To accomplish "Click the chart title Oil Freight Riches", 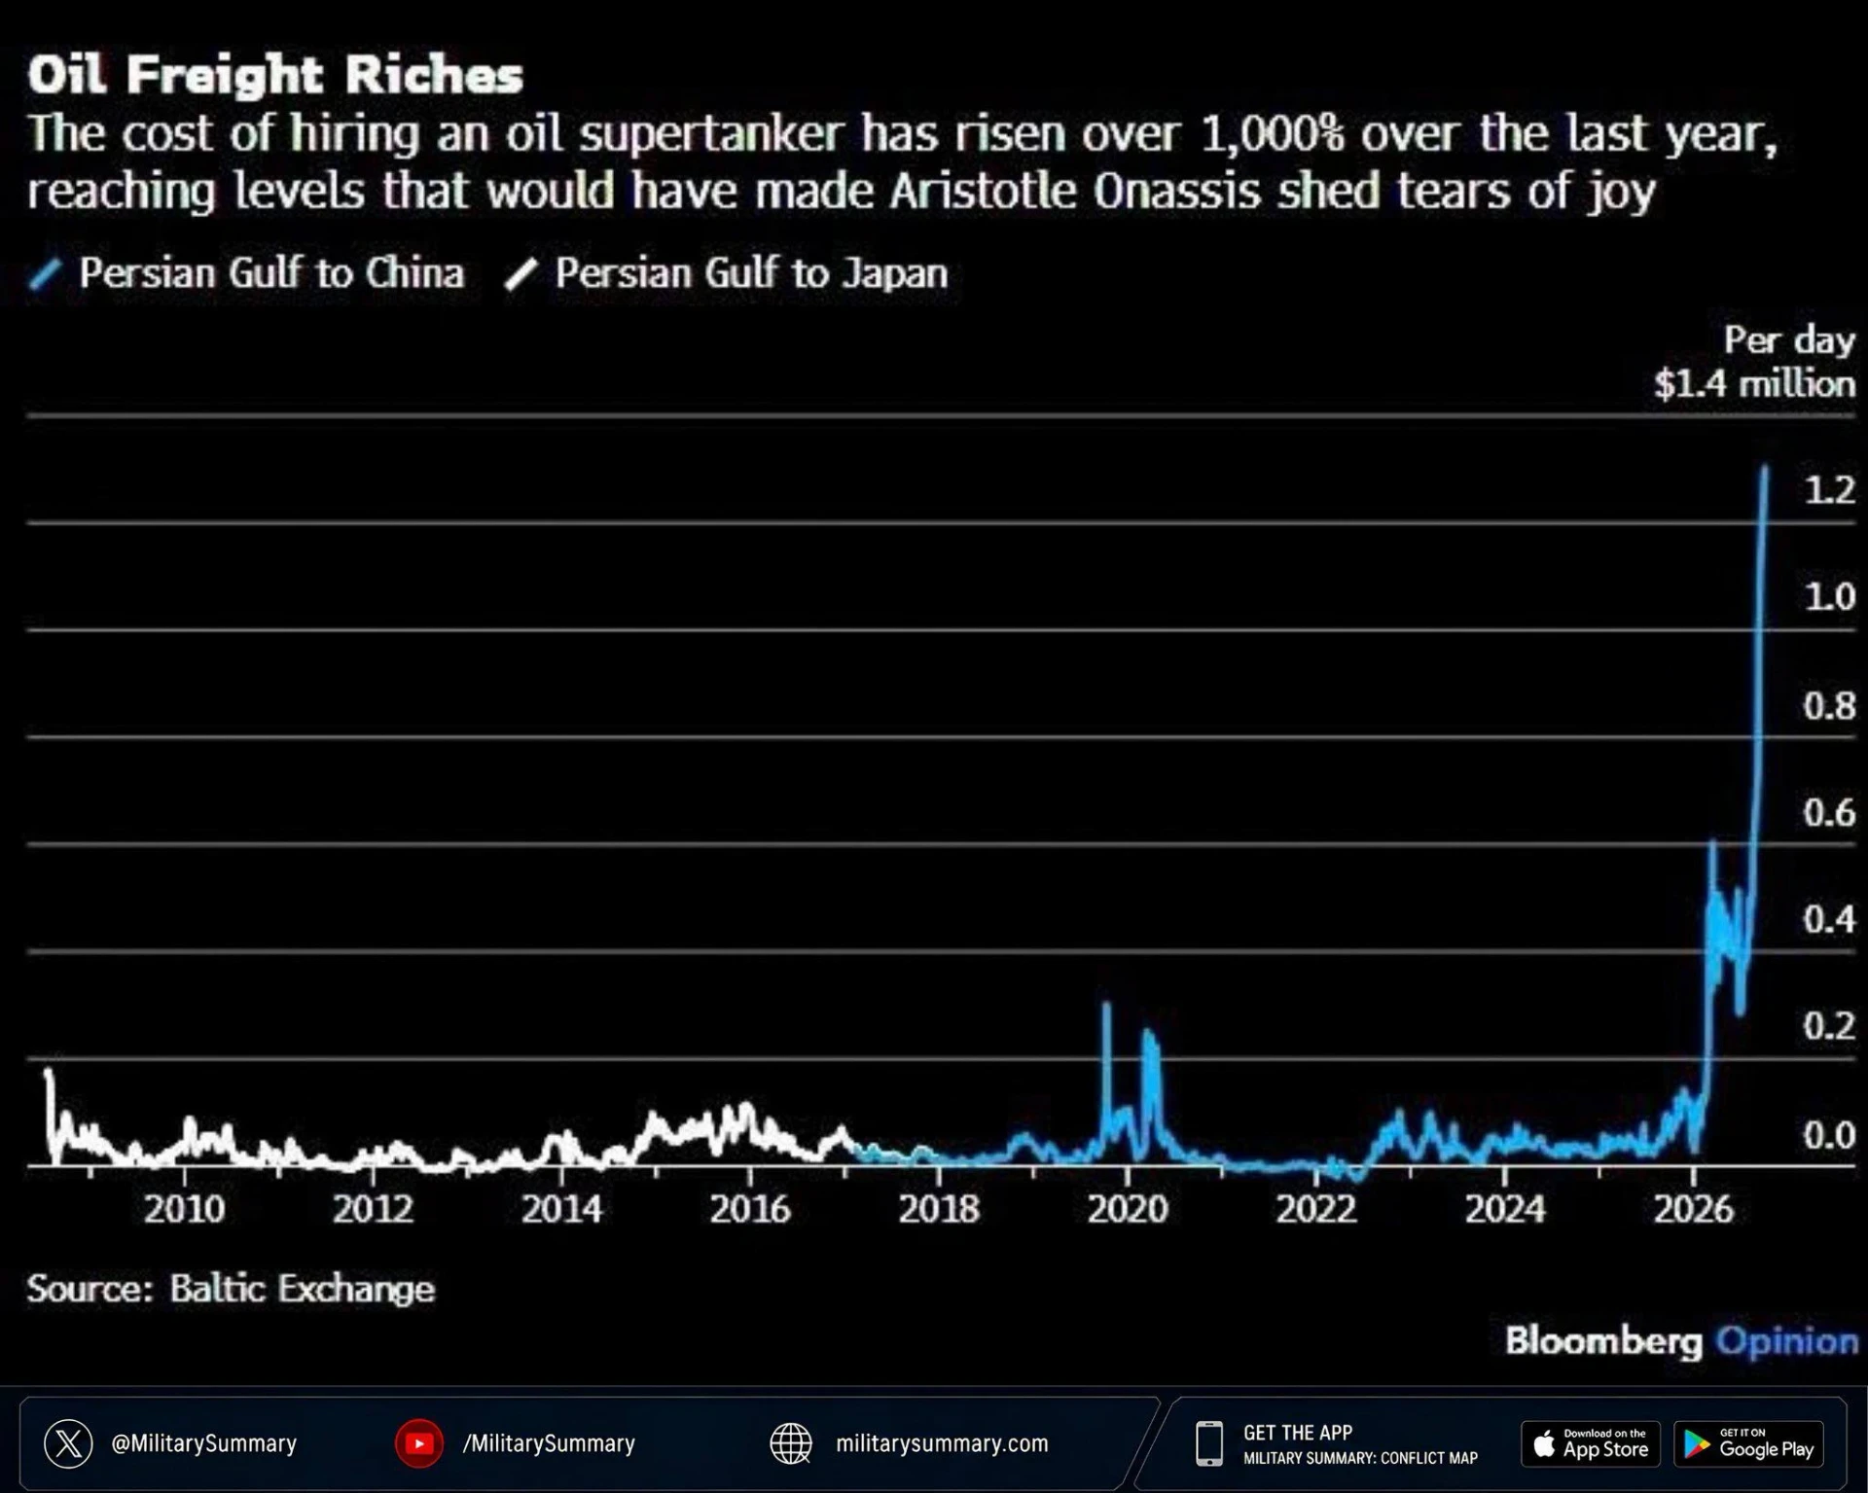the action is pos(275,75).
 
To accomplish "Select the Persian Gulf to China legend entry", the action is pos(247,273).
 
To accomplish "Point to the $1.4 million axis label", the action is pos(1754,384).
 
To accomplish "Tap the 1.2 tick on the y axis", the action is pos(1829,489).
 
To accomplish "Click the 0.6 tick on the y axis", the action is pos(1829,812).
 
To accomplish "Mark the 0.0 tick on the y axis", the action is pos(1829,1134).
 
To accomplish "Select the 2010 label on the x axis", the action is pos(184,1209).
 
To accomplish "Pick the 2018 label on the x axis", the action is pos(939,1209).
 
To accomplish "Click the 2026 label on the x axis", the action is pos(1694,1209).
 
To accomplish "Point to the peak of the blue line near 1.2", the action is pos(1765,468).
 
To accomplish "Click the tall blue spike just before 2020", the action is pos(1106,1005).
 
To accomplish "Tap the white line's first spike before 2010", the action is pos(49,1073).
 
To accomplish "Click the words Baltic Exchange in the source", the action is pos(303,1289).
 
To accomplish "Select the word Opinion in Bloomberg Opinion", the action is pos(1787,1342).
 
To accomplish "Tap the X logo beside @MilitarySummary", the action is pos(68,1443).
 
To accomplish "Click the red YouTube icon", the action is pos(419,1443).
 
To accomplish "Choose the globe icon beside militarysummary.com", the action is pos(791,1443).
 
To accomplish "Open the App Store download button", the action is pos(1591,1444).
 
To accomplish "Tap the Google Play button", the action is pos(1748,1444).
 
